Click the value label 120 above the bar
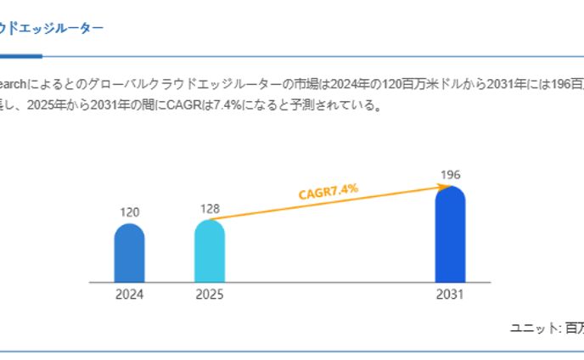pyautogui.click(x=129, y=212)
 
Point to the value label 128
pyautogui.click(x=210, y=208)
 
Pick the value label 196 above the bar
pyautogui.click(x=451, y=175)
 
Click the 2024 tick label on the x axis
pyautogui.click(x=129, y=295)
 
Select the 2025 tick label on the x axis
pyautogui.click(x=210, y=295)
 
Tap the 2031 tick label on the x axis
pyautogui.click(x=450, y=295)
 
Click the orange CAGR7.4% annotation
pyautogui.click(x=328, y=192)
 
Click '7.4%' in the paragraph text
pyautogui.click(x=255, y=106)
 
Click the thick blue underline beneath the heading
pyautogui.click(x=20, y=56)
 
